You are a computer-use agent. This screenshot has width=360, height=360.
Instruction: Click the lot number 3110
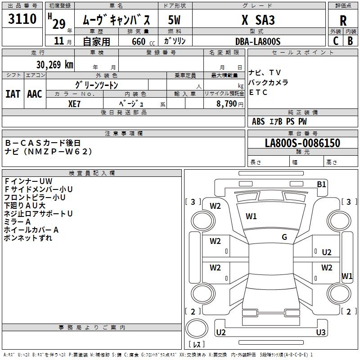[x=22, y=19]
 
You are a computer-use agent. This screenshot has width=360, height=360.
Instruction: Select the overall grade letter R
[x=343, y=21]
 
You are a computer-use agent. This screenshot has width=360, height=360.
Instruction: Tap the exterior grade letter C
[x=336, y=40]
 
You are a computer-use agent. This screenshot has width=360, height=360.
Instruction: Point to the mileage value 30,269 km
[x=54, y=64]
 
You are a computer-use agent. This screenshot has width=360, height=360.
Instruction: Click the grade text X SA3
[x=258, y=20]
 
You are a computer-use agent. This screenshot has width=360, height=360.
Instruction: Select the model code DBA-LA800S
[x=258, y=41]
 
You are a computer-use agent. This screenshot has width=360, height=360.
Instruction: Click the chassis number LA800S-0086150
[x=302, y=143]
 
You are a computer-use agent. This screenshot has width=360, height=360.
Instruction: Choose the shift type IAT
[x=13, y=94]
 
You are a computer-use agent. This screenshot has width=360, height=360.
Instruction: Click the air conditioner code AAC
[x=35, y=94]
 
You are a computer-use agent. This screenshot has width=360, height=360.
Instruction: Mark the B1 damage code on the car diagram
[x=321, y=184]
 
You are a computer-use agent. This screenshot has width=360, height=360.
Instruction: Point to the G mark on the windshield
[x=284, y=237]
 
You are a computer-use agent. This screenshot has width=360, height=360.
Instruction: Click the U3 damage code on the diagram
[x=321, y=333]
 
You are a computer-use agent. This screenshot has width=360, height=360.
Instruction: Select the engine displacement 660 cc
[x=138, y=41]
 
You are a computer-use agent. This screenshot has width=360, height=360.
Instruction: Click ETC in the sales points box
[x=258, y=93]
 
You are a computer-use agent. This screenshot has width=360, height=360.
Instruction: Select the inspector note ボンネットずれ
[x=28, y=238]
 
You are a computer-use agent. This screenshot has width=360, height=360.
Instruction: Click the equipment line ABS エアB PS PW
[x=280, y=121]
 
